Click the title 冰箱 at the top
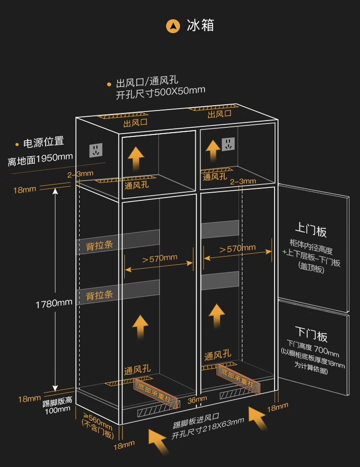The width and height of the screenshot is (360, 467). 201,25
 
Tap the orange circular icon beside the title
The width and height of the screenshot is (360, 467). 173,25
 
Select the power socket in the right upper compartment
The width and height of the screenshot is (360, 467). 228,144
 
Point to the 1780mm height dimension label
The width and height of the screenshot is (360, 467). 54,303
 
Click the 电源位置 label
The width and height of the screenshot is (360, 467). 44,142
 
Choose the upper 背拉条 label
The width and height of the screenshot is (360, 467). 99,246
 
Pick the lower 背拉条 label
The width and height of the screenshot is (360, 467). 99,295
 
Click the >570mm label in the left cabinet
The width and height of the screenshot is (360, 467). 159,258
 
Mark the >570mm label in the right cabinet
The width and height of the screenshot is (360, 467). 237,249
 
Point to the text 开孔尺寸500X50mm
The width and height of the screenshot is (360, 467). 160,92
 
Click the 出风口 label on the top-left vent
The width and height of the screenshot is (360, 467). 135,123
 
